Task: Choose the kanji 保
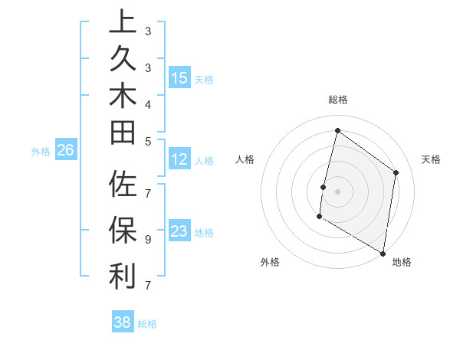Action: (123, 230)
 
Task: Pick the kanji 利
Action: (123, 276)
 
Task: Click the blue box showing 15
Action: (179, 78)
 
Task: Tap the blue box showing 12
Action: (179, 159)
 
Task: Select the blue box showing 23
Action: (179, 231)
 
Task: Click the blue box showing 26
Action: (66, 151)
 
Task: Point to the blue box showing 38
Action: (123, 322)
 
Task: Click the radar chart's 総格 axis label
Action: (338, 100)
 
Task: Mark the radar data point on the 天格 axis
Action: (396, 172)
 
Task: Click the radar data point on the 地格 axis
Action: (383, 253)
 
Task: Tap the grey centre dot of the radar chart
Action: (338, 191)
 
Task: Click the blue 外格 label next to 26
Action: (41, 152)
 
